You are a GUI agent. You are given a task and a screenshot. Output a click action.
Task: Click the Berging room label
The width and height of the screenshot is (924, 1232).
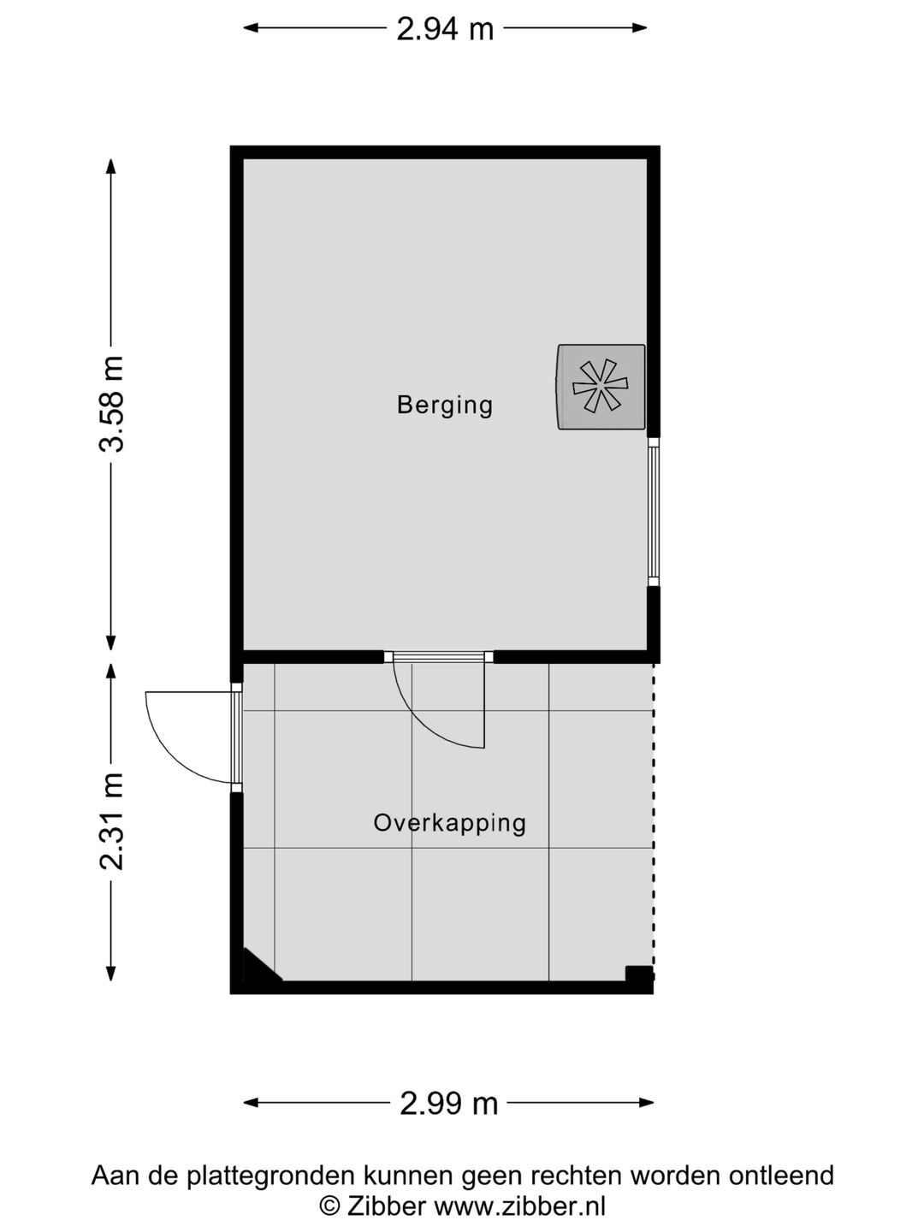(445, 405)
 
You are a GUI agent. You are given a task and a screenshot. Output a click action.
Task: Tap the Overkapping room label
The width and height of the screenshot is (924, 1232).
(449, 823)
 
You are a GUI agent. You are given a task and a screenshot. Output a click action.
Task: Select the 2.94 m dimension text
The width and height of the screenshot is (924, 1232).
(445, 29)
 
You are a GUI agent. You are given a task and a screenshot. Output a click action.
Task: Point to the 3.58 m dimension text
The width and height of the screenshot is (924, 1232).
(111, 404)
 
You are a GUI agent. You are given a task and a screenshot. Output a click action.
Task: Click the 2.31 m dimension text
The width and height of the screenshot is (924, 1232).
(111, 821)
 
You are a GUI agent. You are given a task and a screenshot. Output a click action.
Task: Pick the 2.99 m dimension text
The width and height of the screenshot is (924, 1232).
(448, 1103)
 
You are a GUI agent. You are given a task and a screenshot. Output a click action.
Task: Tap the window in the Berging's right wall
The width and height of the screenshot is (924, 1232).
(654, 512)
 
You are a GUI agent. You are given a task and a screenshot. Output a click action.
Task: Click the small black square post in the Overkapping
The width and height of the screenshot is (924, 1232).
(638, 974)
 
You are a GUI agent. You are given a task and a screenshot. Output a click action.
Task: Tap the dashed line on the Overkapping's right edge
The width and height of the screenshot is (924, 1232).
(654, 813)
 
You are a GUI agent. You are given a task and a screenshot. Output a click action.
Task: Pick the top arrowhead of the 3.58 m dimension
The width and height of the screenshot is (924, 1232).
(110, 166)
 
